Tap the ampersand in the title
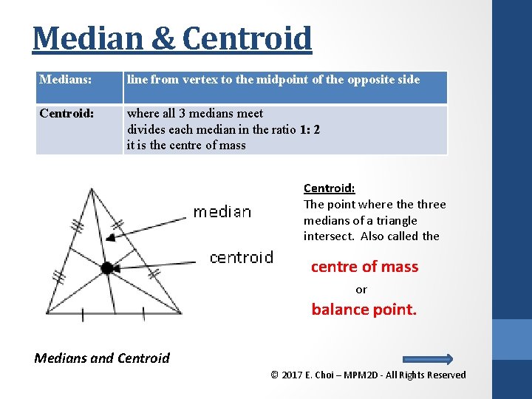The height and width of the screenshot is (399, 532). (x=163, y=38)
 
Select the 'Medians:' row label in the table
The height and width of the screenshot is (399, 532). (x=66, y=79)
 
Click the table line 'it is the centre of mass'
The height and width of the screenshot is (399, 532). (x=186, y=145)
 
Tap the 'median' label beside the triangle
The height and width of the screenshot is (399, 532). (x=222, y=212)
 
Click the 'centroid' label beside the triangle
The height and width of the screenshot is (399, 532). (x=241, y=257)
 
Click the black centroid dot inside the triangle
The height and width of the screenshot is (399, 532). (x=107, y=268)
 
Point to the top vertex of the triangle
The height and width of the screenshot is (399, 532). (x=92, y=189)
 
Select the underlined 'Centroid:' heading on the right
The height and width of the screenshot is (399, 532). (x=329, y=188)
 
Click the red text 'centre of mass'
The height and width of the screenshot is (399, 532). (x=364, y=267)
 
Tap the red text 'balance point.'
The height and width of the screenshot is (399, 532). (x=364, y=310)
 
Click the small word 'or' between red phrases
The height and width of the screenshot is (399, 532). (x=361, y=289)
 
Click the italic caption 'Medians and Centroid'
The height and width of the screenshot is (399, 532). (x=102, y=358)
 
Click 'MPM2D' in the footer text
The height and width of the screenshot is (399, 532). (x=360, y=375)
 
